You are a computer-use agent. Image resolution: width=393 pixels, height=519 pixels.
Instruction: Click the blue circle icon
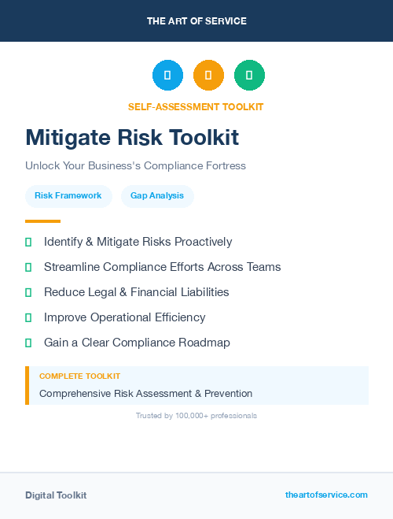click(167, 75)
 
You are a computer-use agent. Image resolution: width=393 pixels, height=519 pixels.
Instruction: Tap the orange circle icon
click(208, 75)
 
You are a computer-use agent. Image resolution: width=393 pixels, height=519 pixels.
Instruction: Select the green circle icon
click(249, 75)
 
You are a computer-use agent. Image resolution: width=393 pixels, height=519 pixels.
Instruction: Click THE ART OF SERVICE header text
click(196, 21)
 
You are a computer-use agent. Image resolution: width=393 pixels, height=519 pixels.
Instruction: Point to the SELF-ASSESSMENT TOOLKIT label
click(196, 106)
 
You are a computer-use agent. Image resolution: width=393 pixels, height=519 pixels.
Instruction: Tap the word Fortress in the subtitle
click(223, 166)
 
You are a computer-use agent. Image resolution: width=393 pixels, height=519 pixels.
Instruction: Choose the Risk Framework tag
click(68, 195)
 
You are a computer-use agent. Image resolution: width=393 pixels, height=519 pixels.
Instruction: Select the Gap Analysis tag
click(157, 195)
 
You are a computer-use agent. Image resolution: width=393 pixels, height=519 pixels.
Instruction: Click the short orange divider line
click(42, 221)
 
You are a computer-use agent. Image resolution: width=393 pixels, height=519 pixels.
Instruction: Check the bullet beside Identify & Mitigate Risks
click(28, 242)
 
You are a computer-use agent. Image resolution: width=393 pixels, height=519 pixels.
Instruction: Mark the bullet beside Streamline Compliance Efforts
click(28, 267)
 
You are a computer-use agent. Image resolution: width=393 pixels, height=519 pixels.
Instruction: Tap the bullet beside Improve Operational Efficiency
click(28, 317)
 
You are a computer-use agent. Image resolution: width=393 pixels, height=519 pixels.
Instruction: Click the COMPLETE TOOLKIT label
click(79, 376)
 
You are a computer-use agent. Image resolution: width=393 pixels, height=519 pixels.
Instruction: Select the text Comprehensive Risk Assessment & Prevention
click(145, 393)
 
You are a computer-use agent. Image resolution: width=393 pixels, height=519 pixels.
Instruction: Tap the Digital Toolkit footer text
click(56, 495)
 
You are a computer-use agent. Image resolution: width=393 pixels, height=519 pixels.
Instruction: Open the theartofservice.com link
click(326, 495)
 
